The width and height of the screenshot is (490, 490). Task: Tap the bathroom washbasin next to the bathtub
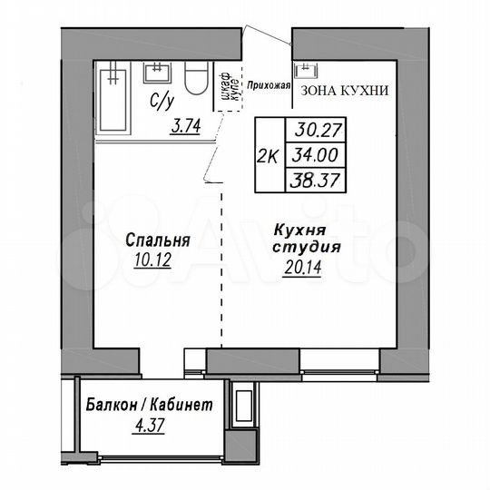[158, 73]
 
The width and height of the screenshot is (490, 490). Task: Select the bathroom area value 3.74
[187, 127]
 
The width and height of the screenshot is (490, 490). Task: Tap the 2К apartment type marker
[269, 155]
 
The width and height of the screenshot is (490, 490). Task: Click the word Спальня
[158, 241]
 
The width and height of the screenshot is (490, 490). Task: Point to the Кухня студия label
[307, 238]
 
